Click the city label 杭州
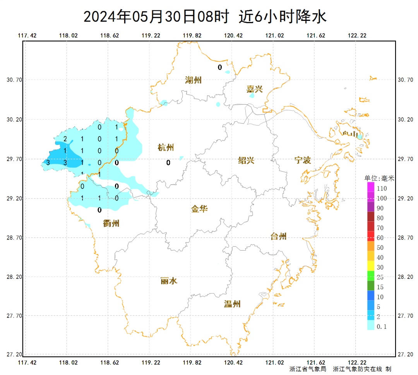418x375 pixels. [x=166, y=148]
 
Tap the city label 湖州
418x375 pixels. [x=193, y=80]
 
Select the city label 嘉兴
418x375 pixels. [x=254, y=89]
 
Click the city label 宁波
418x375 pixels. [x=302, y=160]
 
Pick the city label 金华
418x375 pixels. [x=199, y=209]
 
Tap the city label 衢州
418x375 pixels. [x=111, y=223]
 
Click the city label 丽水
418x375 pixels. [x=169, y=281]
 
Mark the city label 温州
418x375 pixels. [x=232, y=304]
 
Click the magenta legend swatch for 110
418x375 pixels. [x=371, y=187]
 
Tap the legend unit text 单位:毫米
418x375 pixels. [x=379, y=178]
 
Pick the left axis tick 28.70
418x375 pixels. [x=14, y=238]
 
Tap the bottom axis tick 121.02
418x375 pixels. [x=275, y=362]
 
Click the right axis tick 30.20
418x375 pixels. [x=405, y=120]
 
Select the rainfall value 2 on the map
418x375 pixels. [x=65, y=139]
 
